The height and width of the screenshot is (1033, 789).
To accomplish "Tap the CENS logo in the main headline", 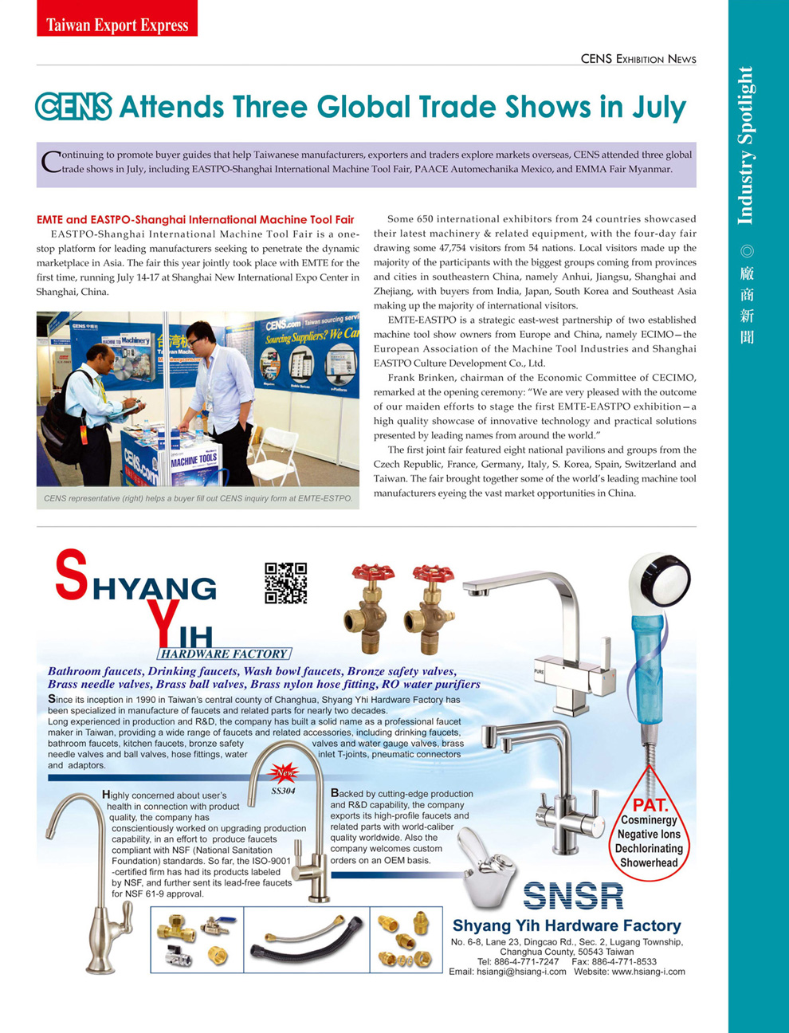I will [x=73, y=107].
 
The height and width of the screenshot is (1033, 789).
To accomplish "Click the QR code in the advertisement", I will [x=285, y=583].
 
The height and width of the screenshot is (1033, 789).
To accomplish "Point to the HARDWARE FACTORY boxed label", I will [x=224, y=654].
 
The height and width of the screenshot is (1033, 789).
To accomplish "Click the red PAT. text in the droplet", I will [x=650, y=805].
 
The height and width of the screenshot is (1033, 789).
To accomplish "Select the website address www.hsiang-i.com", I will [x=648, y=972].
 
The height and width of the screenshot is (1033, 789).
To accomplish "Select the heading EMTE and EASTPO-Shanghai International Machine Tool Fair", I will [x=195, y=219].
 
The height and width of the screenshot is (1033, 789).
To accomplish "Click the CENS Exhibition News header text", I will [x=638, y=59].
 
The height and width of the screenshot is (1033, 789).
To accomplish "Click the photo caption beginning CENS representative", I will [x=198, y=498].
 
